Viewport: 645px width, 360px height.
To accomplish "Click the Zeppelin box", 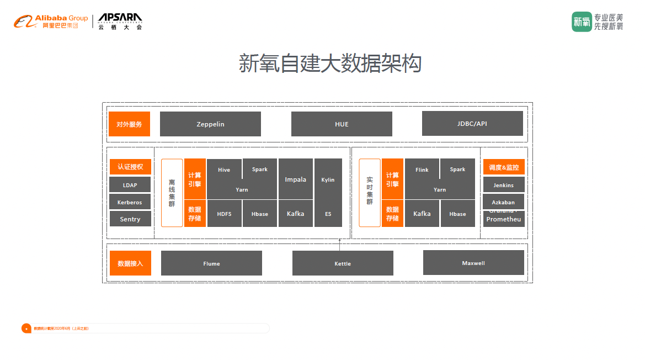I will pos(210,124).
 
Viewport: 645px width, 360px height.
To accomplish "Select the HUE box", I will pos(342,124).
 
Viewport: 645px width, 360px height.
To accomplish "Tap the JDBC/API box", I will pos(472,124).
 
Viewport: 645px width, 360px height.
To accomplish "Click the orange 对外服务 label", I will pos(130,124).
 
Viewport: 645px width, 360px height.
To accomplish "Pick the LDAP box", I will pos(130,185).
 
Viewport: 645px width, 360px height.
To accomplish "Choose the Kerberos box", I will pos(130,202).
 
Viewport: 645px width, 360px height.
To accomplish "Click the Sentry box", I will pos(130,219).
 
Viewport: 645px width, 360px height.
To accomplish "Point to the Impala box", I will pos(296,179).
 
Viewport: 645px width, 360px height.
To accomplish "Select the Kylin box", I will pos(328,179).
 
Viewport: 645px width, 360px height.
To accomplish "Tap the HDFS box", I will pos(224,214).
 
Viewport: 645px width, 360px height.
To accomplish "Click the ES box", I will pos(328,214).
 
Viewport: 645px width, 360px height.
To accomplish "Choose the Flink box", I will pos(422,169).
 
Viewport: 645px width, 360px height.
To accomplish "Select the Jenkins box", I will pos(503,185).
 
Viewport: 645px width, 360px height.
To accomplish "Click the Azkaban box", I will pos(503,202).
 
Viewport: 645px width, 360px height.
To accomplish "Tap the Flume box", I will pos(211,263).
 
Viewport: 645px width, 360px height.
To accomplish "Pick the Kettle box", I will pos(343,263).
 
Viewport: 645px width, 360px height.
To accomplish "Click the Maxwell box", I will pos(473,263).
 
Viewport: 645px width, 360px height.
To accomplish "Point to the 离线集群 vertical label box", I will pos(172,193).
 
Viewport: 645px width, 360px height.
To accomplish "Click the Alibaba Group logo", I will pos(51,22).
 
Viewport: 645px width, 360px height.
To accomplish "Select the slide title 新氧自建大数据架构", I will pos(330,63).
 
